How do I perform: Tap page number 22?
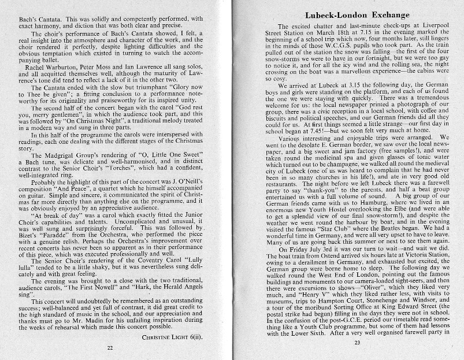[109, 348]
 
